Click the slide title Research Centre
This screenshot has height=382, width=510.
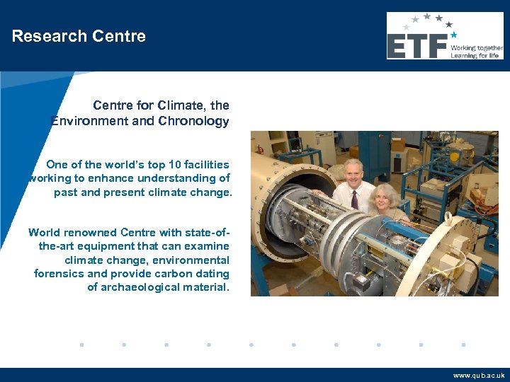tap(79, 36)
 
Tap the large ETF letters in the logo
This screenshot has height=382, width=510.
tap(417, 47)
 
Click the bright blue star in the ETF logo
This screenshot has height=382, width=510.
tap(453, 34)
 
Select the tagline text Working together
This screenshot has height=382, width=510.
tap(475, 47)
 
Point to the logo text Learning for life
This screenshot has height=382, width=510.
tap(475, 55)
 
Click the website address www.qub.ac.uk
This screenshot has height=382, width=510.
tap(479, 376)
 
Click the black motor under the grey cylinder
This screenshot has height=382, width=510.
tap(361, 282)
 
